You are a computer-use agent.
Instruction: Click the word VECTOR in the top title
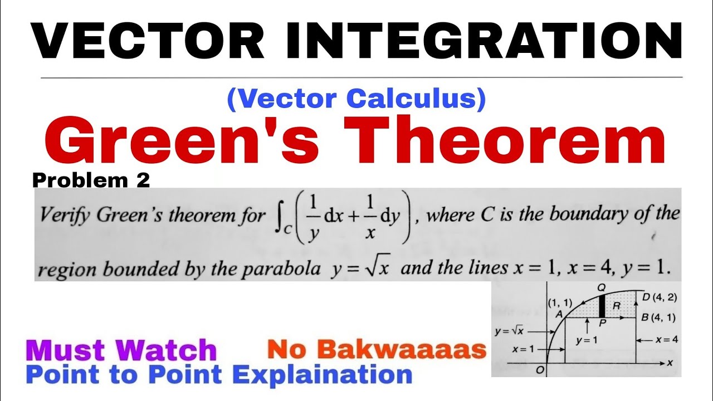click(x=148, y=41)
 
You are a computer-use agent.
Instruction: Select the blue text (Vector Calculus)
click(x=356, y=99)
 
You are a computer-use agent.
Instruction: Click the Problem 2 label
click(x=91, y=180)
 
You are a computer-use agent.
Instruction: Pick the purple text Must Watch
click(x=121, y=350)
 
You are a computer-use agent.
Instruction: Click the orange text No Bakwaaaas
click(x=377, y=350)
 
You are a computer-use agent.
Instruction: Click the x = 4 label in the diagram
click(x=666, y=339)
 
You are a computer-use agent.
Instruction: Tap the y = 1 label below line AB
click(x=586, y=340)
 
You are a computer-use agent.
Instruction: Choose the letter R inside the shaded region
click(x=616, y=305)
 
